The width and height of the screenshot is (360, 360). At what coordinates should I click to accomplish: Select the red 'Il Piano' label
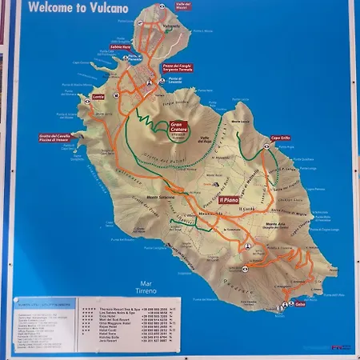pyautogui.click(x=230, y=200)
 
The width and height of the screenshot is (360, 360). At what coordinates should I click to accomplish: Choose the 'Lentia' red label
pyautogui.click(x=98, y=97)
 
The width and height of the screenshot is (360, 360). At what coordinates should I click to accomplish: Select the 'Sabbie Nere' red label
pyautogui.click(x=120, y=46)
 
